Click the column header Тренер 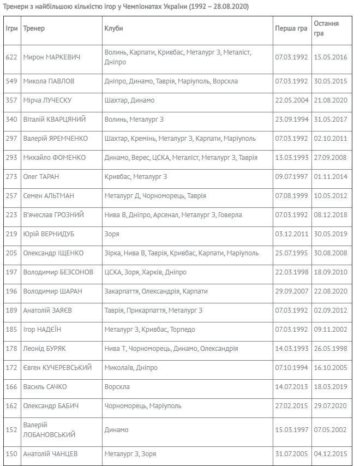[x=34, y=28]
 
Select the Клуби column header [x=113, y=28]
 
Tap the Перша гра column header [x=291, y=28]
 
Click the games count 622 [x=11, y=57]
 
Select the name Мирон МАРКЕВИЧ [x=52, y=57]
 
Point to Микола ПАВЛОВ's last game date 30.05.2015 [x=331, y=81]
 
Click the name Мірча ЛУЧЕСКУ [x=47, y=100]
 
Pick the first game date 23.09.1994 [x=292, y=120]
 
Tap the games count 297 [x=11, y=139]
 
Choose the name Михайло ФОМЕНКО [x=55, y=158]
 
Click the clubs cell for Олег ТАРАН [x=136, y=177]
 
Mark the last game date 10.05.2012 [x=331, y=196]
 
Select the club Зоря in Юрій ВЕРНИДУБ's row [x=112, y=234]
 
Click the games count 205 [x=11, y=253]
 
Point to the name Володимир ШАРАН [x=52, y=291]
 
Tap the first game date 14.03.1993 [x=292, y=349]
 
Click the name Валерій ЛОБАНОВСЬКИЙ [x=49, y=430]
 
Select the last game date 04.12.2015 [x=331, y=454]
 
